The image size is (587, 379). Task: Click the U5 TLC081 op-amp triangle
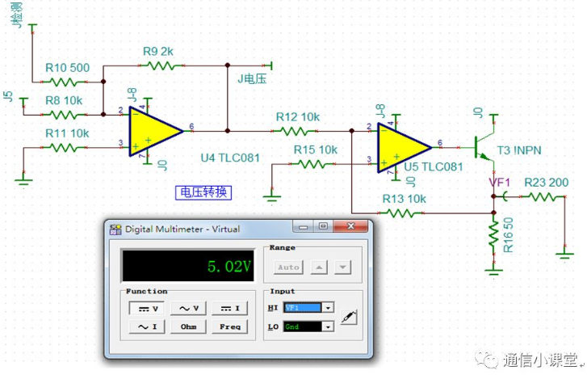point(403,145)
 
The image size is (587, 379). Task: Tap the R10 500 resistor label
point(68,67)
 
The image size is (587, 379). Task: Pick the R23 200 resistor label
point(547,183)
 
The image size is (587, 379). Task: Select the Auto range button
point(288,267)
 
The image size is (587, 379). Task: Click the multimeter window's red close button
point(357,228)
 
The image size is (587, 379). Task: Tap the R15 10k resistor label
point(316,149)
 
